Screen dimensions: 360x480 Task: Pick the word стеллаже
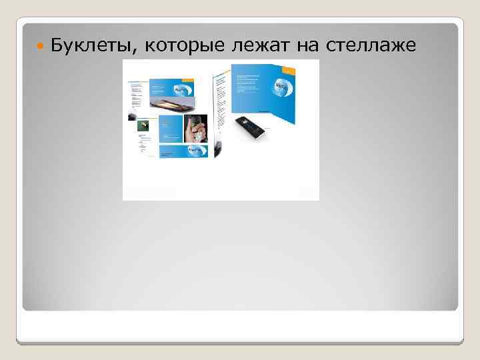371,45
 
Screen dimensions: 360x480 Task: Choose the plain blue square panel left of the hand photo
171,129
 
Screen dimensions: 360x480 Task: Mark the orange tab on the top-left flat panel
189,80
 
